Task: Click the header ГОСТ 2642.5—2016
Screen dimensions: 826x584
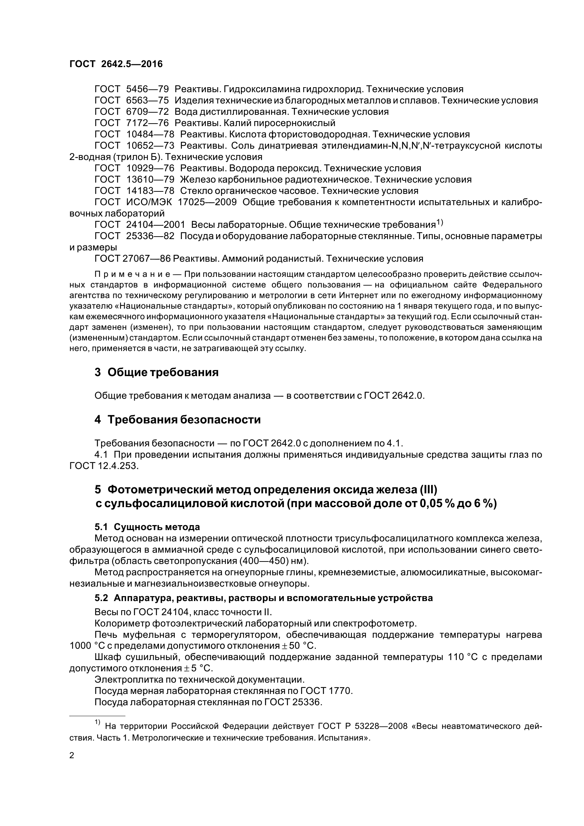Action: pos(116,64)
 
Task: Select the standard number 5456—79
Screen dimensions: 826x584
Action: pos(148,89)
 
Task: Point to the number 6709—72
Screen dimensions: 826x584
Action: pos(148,112)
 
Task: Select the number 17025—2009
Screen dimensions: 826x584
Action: pos(207,202)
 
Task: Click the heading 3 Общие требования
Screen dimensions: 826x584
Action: pos(157,372)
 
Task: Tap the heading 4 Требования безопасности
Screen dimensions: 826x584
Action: pos(177,420)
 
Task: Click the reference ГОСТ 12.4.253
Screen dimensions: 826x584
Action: pos(103,466)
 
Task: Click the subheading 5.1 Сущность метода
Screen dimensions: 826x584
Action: pos(147,527)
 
